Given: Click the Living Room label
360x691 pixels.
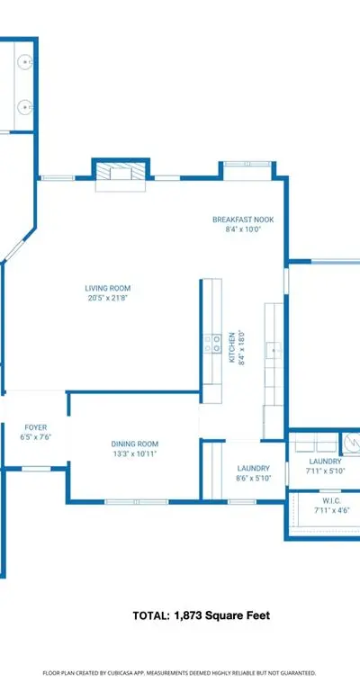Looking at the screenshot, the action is tap(107, 289).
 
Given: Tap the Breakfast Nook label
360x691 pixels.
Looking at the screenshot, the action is tap(243, 220).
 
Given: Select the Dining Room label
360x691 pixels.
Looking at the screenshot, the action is tap(134, 444).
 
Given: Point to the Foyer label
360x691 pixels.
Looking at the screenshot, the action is tap(36, 427).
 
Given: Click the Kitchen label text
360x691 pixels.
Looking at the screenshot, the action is tap(232, 347).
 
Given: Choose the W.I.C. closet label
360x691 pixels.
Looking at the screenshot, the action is tap(328, 501).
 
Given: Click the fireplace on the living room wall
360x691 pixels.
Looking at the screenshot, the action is tap(121, 176).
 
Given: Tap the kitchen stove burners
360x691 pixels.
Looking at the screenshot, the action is tap(211, 344).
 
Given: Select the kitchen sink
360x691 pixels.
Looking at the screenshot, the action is tap(274, 351).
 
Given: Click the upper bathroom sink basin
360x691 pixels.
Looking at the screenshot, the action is tap(24, 62).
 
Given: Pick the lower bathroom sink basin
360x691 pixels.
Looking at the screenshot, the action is tap(24, 107).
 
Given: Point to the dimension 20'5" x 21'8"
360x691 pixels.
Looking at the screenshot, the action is tap(107, 298).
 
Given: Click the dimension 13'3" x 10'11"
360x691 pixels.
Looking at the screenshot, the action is tap(134, 453).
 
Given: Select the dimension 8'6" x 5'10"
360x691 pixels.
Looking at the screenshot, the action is tap(254, 478).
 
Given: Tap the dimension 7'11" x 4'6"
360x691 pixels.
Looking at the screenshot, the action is tap(328, 511).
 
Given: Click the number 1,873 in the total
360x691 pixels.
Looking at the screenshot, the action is tap(188, 615).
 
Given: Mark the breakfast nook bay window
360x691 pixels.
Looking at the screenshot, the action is tap(247, 164).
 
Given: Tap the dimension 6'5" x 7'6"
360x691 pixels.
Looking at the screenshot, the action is tap(36, 436).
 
